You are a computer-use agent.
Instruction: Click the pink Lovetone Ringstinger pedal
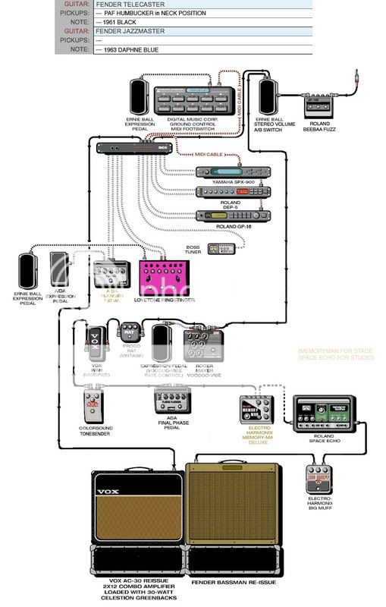pos(165,278)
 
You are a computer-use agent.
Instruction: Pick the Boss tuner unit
pos(224,248)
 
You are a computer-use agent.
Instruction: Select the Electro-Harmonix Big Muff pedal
pos(319,480)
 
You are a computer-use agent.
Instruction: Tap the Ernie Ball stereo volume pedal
pos(269,96)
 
